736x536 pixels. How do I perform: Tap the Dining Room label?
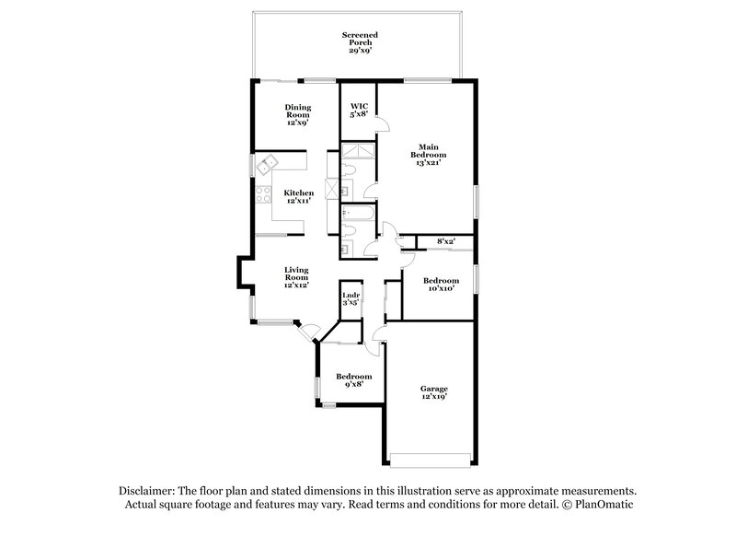tap(297, 114)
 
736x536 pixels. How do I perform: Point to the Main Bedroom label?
tap(428, 154)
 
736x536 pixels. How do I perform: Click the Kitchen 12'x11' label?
tap(297, 197)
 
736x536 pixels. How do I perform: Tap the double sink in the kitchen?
tap(268, 166)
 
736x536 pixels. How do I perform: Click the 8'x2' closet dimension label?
tap(446, 241)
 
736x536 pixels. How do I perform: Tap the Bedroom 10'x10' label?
tap(441, 285)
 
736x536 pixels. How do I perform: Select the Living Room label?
tap(295, 277)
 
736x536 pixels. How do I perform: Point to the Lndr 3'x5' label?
tap(351, 298)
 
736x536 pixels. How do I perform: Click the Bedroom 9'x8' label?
tap(353, 381)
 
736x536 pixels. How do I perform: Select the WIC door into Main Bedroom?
tap(386, 124)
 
